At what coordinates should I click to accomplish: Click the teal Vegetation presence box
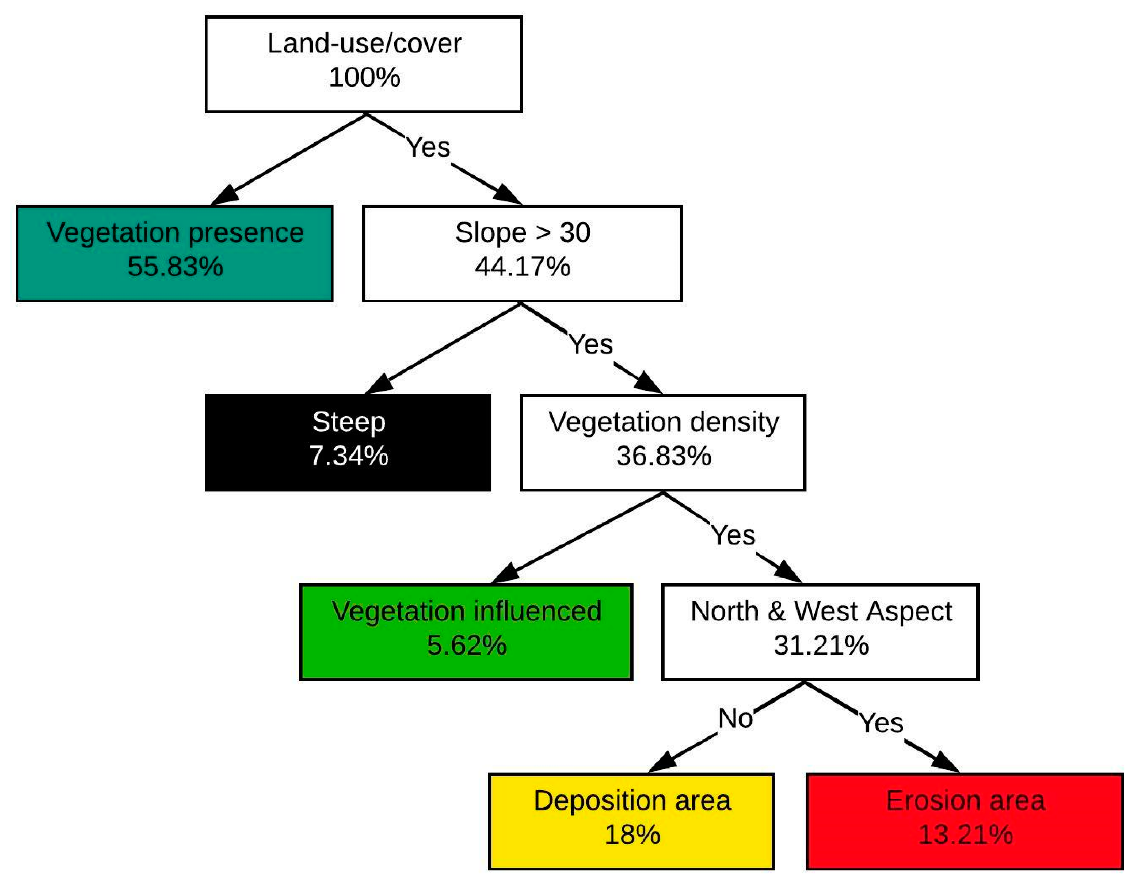tap(175, 254)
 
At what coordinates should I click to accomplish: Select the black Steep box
tap(348, 442)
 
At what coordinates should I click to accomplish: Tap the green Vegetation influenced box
tap(466, 632)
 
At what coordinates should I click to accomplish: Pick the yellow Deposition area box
tap(632, 821)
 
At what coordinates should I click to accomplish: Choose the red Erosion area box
tap(965, 821)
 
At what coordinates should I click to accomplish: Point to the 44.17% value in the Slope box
tap(522, 267)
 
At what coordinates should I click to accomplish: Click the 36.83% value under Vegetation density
tap(663, 456)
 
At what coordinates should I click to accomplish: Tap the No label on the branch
tap(735, 719)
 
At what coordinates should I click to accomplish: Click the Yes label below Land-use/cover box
tap(428, 147)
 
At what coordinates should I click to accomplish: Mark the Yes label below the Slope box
tap(591, 344)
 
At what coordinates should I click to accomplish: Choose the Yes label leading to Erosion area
tap(881, 723)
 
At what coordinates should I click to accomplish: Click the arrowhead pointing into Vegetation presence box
tap(225, 195)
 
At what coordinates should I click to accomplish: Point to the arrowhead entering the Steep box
tap(379, 384)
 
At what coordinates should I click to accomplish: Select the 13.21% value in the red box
tap(965, 834)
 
